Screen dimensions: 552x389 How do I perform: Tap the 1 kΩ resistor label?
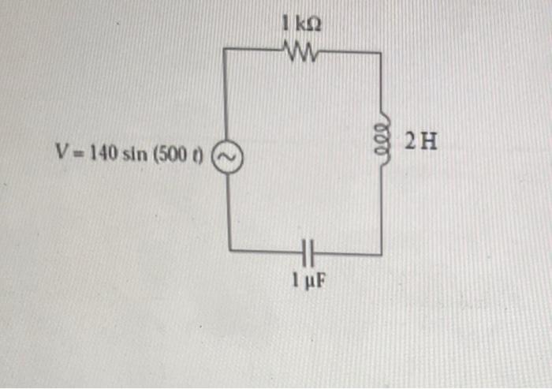(x=301, y=24)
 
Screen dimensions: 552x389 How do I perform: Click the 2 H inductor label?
(x=421, y=142)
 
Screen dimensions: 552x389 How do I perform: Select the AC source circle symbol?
(x=227, y=157)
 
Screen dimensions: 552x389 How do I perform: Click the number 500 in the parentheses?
(x=172, y=155)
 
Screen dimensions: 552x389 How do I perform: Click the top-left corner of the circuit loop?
(x=223, y=48)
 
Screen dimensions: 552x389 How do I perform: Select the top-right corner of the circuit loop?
(x=381, y=53)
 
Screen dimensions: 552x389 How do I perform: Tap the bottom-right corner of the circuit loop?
(x=382, y=254)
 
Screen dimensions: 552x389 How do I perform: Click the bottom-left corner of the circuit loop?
(x=229, y=250)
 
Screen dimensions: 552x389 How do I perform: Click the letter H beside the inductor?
(x=429, y=142)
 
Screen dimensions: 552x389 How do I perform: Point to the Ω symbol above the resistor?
(x=315, y=25)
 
